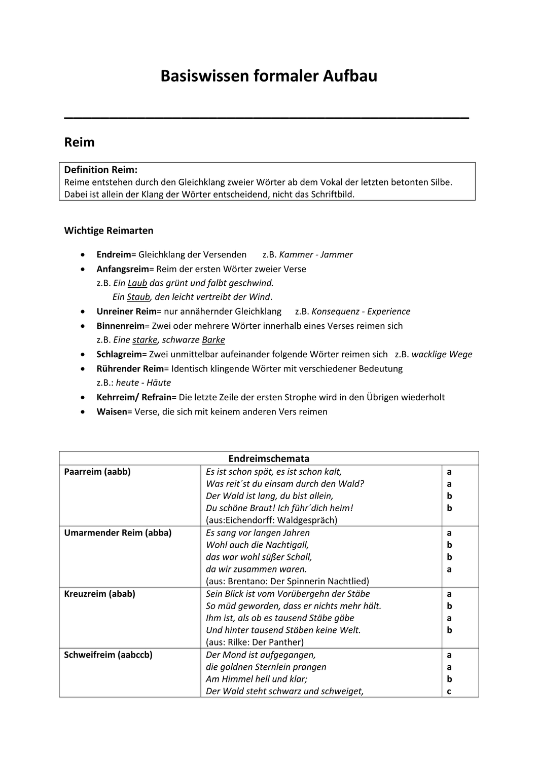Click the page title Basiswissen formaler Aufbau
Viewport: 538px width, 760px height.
point(269,76)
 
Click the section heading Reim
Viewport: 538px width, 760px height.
point(79,142)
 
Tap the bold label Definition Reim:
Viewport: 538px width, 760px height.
point(101,170)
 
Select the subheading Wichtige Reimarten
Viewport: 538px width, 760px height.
point(109,231)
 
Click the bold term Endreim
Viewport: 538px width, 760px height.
point(114,254)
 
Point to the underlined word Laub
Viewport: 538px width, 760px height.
point(137,283)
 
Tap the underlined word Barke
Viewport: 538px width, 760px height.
point(213,340)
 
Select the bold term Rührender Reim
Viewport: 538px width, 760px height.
point(130,368)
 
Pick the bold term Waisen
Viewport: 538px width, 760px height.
point(112,411)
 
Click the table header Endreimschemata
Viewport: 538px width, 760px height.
point(269,459)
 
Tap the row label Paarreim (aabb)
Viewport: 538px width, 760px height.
point(97,472)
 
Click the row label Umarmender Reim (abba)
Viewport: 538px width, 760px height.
point(118,533)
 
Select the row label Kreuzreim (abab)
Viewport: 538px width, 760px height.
point(99,594)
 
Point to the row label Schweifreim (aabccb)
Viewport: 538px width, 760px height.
point(108,655)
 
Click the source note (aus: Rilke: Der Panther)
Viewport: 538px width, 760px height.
point(255,642)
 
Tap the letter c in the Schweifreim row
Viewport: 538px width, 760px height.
point(449,691)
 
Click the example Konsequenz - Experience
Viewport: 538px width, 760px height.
point(361,312)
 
